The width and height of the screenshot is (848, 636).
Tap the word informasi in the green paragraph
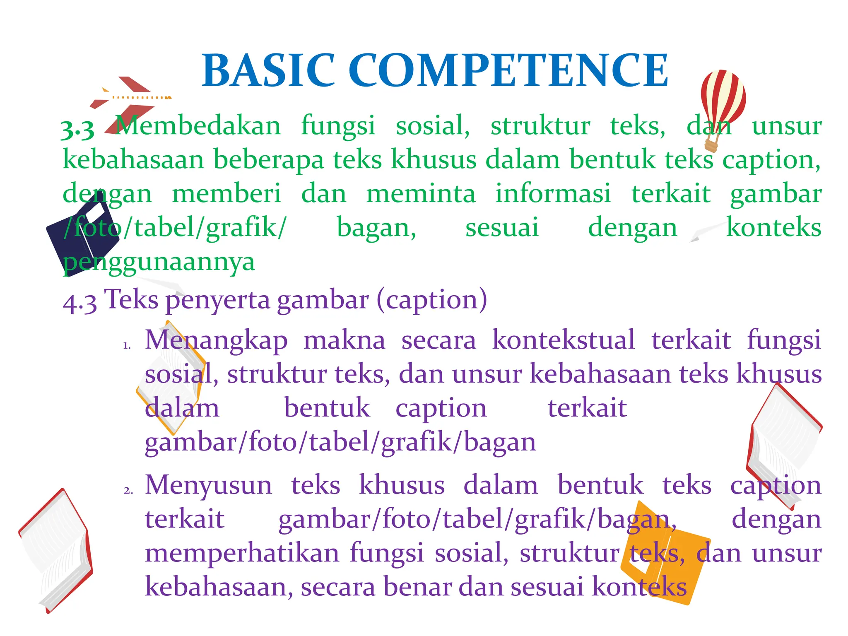point(553,193)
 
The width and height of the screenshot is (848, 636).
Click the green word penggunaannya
point(159,262)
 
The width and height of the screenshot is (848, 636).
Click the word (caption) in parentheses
point(432,299)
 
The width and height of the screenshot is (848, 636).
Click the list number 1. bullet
point(127,346)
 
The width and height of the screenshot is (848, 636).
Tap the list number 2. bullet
point(128,491)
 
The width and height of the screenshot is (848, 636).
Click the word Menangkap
point(216,340)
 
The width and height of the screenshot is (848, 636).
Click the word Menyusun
point(209,485)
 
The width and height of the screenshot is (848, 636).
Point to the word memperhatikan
point(242,553)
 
